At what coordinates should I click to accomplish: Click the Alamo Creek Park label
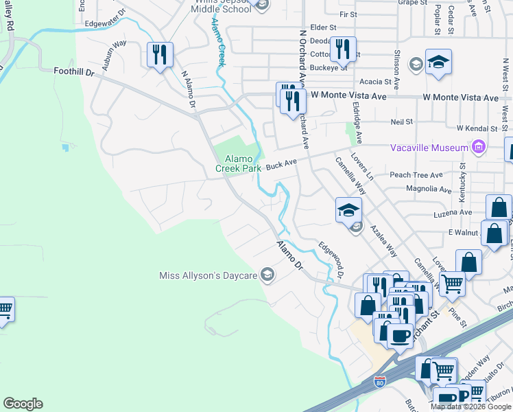pyautogui.click(x=238, y=163)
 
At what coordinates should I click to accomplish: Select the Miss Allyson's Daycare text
pyautogui.click(x=208, y=276)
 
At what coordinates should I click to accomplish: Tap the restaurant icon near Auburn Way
pyautogui.click(x=160, y=54)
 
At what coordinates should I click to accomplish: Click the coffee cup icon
pyautogui.click(x=401, y=336)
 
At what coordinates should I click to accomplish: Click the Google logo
pyautogui.click(x=23, y=404)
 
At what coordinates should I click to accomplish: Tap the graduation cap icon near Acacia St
pyautogui.click(x=438, y=62)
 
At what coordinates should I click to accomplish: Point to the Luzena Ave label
pyautogui.click(x=454, y=213)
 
